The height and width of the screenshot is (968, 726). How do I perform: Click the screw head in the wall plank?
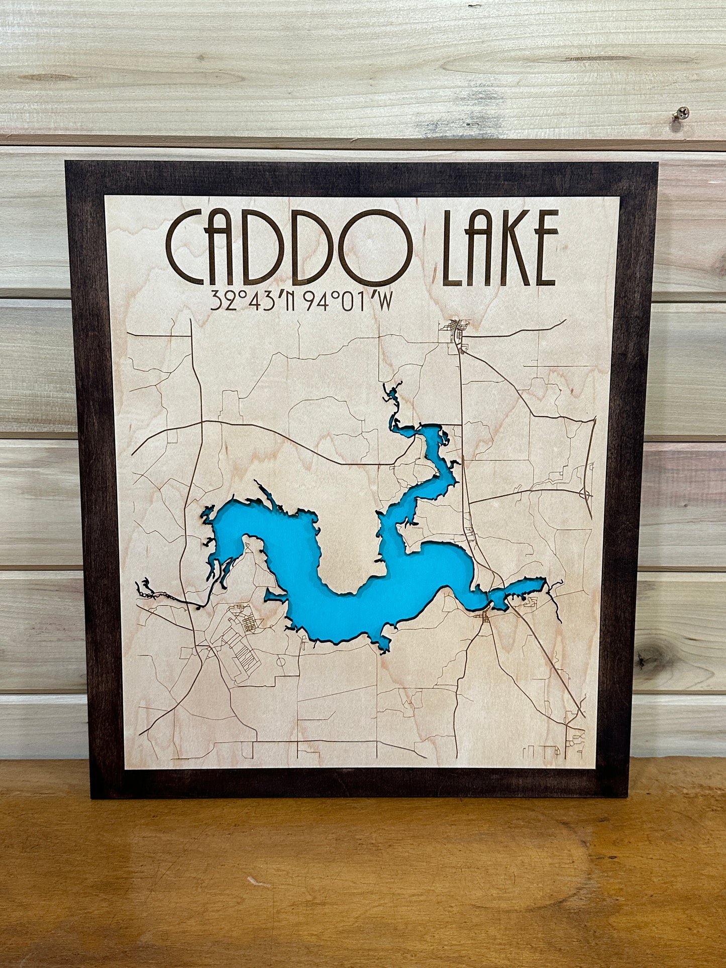(682, 113)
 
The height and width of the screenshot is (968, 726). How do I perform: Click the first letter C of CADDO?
(186, 248)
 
